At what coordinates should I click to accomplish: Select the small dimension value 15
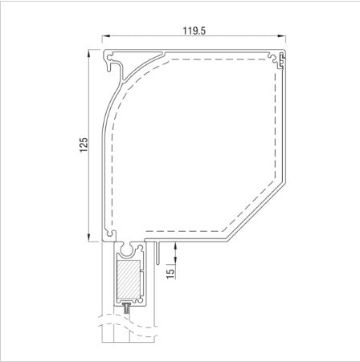(x=170, y=273)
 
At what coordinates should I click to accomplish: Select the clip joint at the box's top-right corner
(x=282, y=57)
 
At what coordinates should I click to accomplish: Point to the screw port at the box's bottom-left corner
(x=108, y=235)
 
